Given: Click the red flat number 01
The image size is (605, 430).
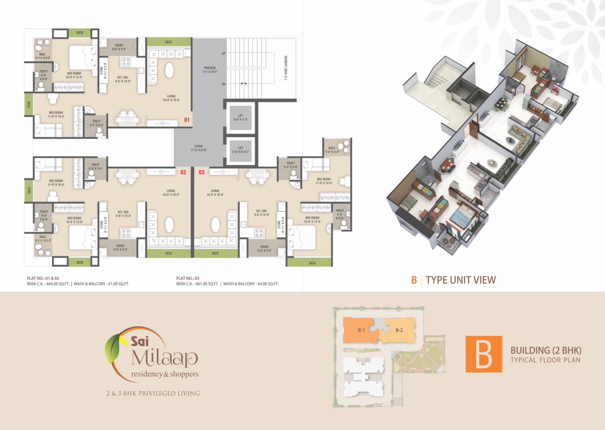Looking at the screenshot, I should pos(187,120).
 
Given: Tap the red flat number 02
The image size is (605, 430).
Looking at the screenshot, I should pos(183,172).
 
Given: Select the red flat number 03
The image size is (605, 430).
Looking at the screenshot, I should pos(201,172).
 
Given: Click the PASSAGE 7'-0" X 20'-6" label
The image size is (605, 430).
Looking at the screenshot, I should pos(210,70).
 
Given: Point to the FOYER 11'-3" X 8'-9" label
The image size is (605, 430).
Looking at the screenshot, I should pos(198,148).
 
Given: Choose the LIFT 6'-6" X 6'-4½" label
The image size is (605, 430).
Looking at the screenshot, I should pos(240,150).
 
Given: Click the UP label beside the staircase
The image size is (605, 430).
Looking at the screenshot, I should pos(223,54).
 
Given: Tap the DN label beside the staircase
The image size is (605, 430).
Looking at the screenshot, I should pos(223,84).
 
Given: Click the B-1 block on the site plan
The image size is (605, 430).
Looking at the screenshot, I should pos(361,330).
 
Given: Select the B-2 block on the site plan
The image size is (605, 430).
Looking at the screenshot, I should pos(399,330).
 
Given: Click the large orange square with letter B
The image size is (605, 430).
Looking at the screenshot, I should pos(484,354).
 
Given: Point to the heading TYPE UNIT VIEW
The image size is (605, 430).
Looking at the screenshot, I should pos(460,280).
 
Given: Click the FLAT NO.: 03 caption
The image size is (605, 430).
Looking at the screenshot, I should pos(188,278).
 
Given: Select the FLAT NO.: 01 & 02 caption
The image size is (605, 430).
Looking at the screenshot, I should pos(43,278).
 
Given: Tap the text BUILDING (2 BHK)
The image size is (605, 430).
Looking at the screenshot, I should pos(546,351).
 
